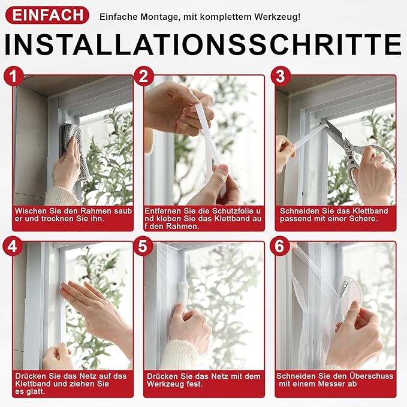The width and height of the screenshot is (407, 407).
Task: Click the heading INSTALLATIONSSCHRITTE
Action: tap(204, 46)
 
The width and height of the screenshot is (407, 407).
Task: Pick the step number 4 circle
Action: tap(13, 246)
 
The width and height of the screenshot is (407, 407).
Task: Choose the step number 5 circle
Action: tap(143, 246)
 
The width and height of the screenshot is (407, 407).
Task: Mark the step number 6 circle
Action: tap(278, 246)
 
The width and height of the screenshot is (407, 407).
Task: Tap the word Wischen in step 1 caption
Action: tap(30, 211)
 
